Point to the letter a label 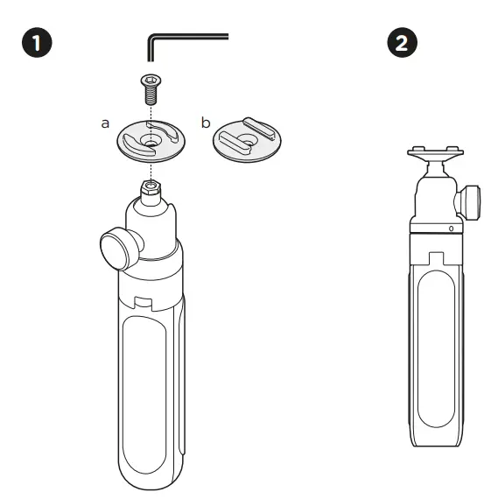pos(105,123)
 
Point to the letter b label pos(206,123)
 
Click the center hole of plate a pos(153,139)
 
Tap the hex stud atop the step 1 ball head pos(153,188)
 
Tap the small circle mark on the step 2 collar pos(451,228)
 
